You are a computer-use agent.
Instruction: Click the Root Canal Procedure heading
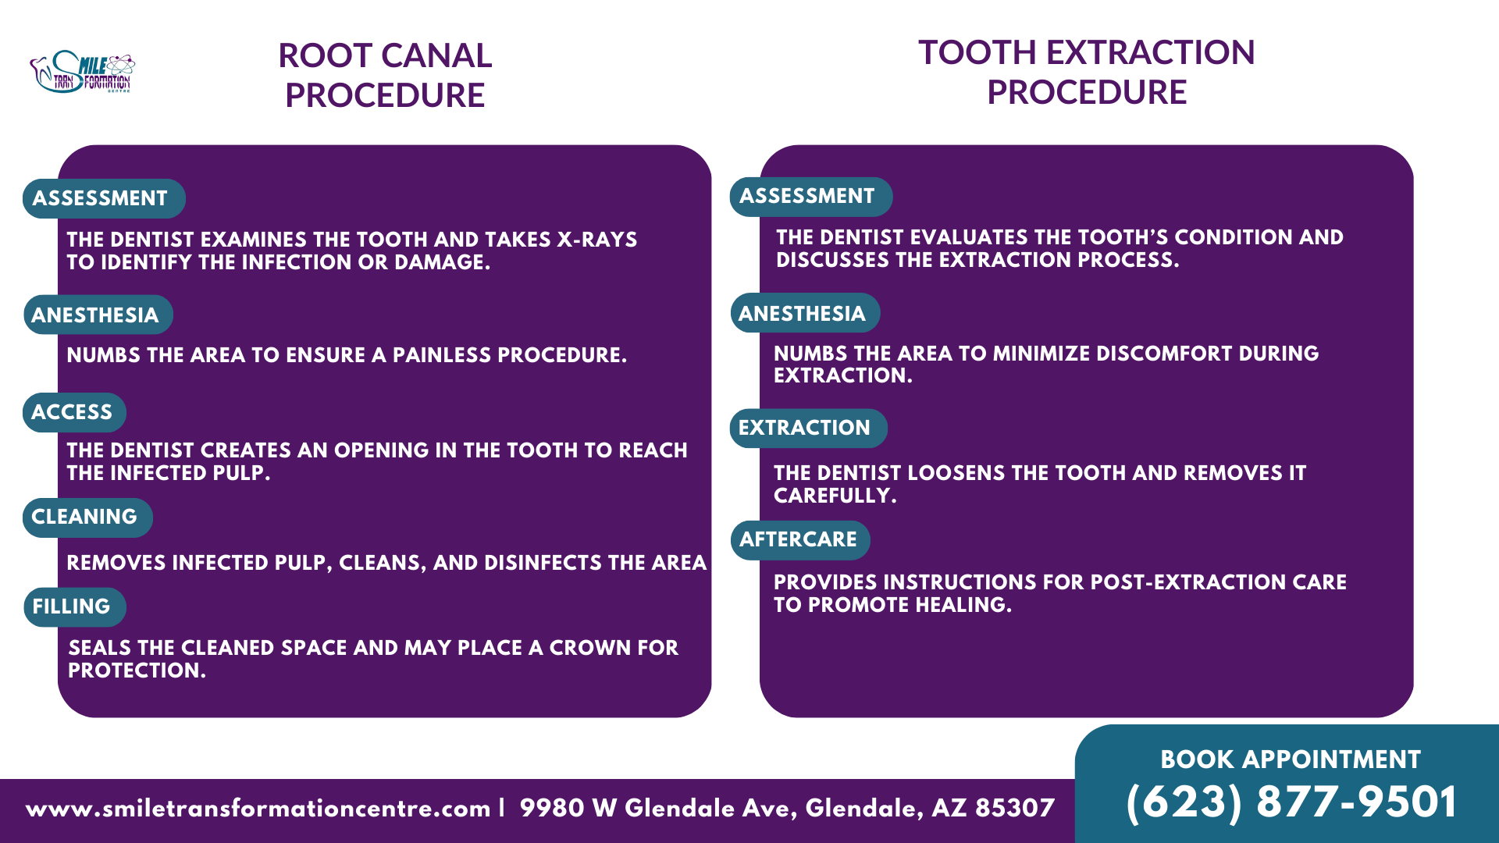tap(385, 75)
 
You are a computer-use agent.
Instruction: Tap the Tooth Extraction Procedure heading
tap(1086, 72)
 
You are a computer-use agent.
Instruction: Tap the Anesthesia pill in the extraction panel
tap(804, 313)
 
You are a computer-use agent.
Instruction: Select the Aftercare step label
tap(799, 539)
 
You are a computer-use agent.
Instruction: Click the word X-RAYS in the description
tap(596, 240)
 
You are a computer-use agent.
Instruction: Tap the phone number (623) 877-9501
tap(1291, 802)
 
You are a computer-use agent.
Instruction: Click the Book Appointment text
tap(1290, 759)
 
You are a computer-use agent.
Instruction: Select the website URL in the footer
tap(258, 808)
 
